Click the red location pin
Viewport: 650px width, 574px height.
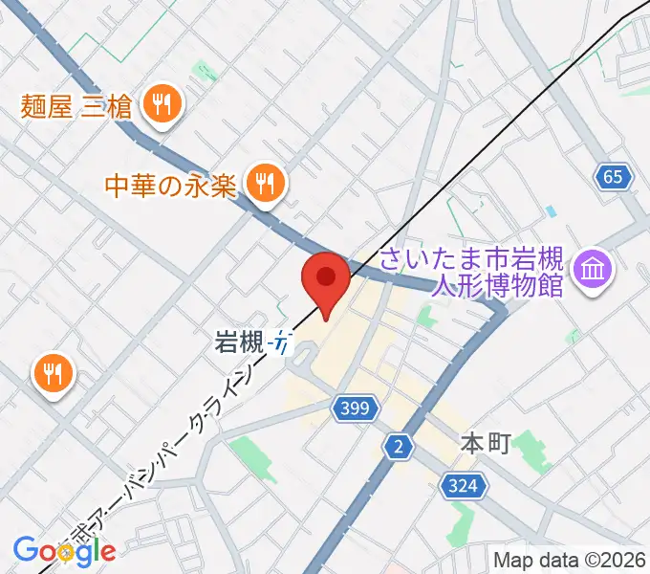point(325,278)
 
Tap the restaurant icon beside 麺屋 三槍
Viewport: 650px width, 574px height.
point(163,104)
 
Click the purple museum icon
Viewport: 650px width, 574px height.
point(593,269)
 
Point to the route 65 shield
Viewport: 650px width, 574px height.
point(613,176)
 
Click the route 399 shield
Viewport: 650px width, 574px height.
point(349,408)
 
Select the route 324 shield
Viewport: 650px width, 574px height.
point(462,487)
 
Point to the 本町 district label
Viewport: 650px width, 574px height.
point(486,443)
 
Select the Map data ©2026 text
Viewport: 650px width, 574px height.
point(568,559)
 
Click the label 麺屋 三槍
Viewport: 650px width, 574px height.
point(78,105)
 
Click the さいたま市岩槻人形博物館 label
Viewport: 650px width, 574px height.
point(472,272)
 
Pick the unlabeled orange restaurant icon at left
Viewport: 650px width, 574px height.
point(54,372)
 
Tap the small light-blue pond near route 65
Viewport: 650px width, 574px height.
point(550,210)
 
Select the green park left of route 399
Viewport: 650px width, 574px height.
point(250,453)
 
